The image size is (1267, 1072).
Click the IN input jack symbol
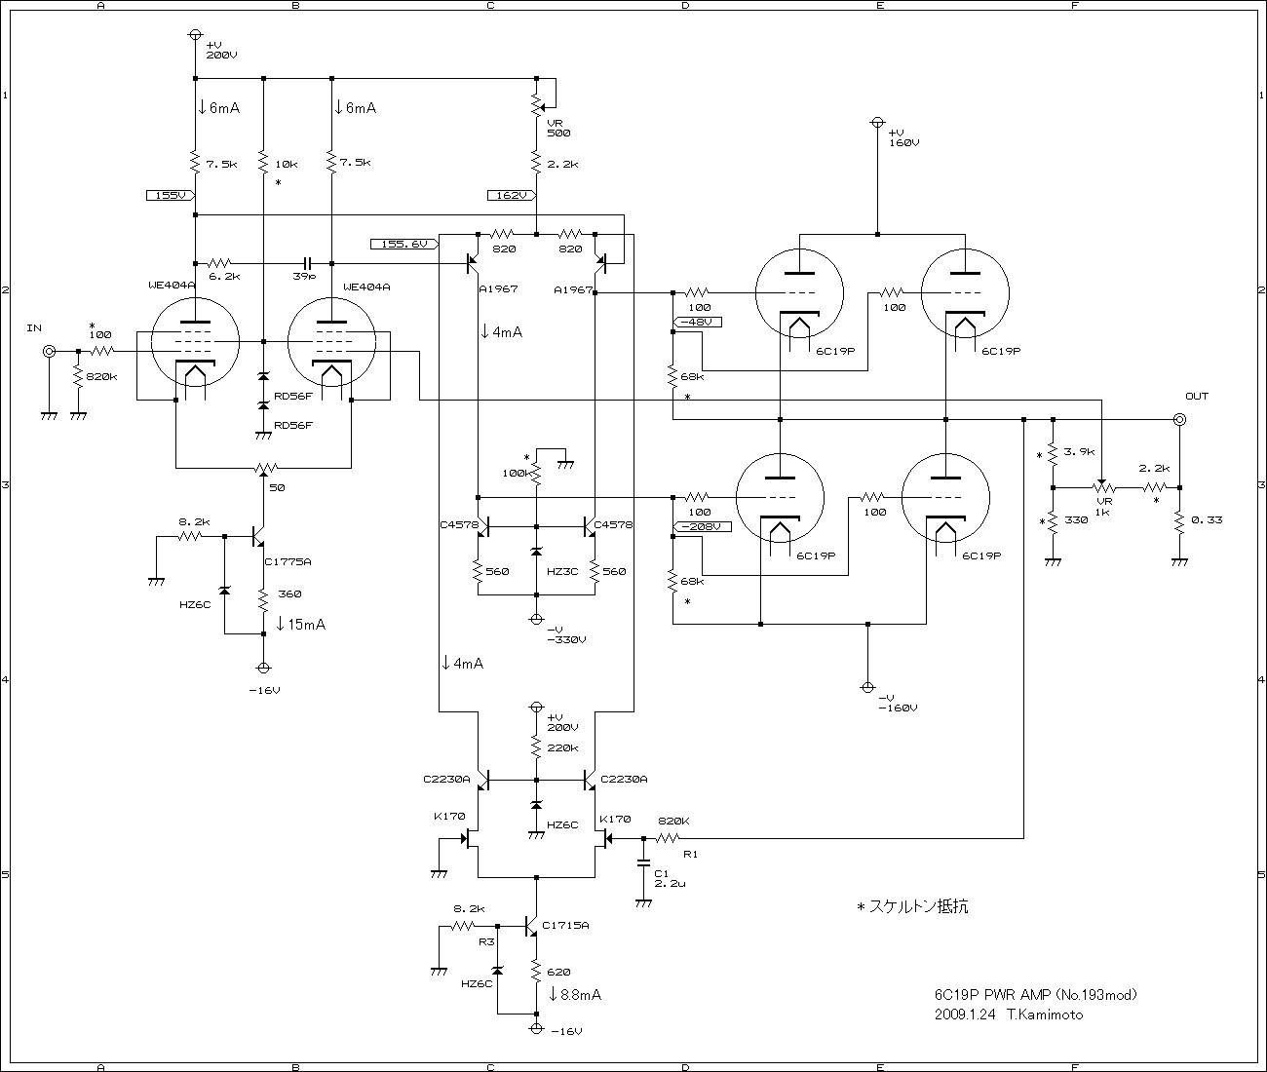(x=48, y=351)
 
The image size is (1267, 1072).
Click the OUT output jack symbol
(x=1179, y=419)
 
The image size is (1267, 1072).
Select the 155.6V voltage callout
(x=403, y=244)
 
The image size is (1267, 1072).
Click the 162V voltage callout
(x=511, y=195)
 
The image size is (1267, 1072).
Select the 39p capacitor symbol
(x=307, y=263)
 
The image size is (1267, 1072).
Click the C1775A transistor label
(x=288, y=562)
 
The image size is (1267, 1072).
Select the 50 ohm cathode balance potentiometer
(x=263, y=469)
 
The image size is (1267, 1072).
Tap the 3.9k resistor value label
(x=1079, y=451)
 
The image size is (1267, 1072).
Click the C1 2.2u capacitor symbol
(x=642, y=862)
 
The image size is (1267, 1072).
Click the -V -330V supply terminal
(x=536, y=619)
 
